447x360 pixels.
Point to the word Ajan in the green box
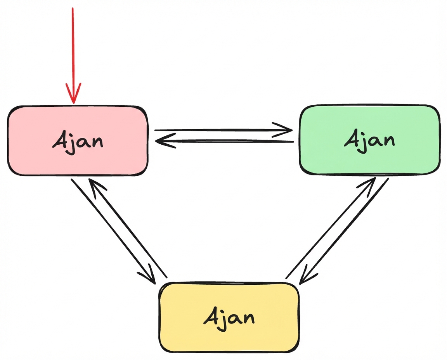(369, 140)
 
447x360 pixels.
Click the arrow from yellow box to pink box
(128, 229)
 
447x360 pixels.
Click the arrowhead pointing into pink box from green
(161, 142)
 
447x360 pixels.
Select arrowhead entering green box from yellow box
(369, 183)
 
